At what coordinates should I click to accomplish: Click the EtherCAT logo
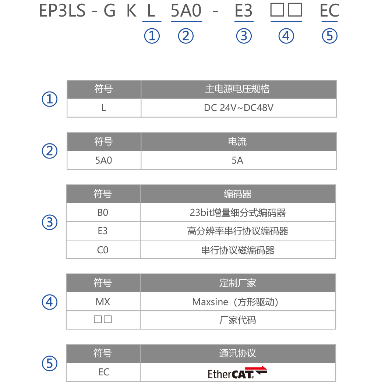tap(237, 372)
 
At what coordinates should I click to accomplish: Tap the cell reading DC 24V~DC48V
tap(239, 108)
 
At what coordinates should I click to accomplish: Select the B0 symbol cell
tap(103, 213)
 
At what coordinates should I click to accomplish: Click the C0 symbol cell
tap(103, 250)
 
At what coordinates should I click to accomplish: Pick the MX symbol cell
tap(103, 302)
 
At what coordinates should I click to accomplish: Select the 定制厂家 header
tap(237, 283)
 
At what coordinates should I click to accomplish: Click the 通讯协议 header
tap(237, 353)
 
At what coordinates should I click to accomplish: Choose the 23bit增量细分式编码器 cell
tap(237, 213)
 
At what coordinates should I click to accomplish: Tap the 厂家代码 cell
tap(237, 320)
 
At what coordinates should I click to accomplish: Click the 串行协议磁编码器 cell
tap(237, 250)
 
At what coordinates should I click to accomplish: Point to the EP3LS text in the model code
tap(62, 11)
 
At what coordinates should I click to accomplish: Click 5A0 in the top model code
tap(186, 11)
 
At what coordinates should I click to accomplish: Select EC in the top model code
tap(329, 11)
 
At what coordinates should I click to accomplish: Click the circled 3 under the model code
tap(244, 36)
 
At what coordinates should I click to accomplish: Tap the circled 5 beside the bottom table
tap(50, 364)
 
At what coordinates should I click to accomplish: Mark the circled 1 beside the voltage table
tap(50, 99)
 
